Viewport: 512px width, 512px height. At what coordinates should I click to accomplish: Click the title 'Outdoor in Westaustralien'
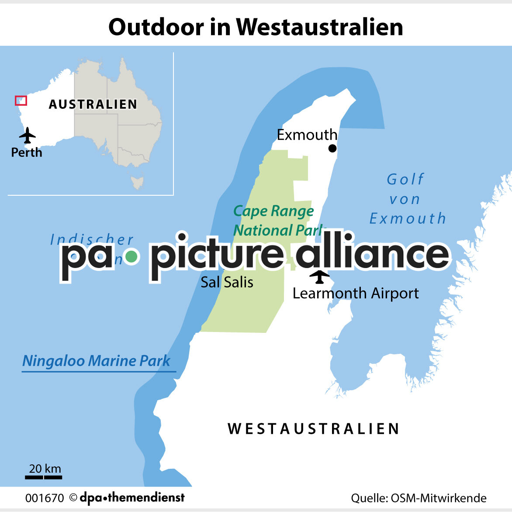(256, 27)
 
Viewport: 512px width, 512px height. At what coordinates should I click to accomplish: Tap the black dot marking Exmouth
(332, 148)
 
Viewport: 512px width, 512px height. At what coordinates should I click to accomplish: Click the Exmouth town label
(307, 135)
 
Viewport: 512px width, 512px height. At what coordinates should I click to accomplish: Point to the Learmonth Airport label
(355, 293)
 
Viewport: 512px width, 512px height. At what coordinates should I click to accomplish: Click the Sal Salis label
(227, 282)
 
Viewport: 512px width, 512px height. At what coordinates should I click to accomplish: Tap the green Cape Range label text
(273, 211)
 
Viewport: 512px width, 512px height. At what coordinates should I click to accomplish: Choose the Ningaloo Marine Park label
(96, 361)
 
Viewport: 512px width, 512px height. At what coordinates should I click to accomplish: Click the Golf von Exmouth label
(406, 199)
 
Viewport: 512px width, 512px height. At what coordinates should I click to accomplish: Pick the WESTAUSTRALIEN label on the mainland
(313, 429)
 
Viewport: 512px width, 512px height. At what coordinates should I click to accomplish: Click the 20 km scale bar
(43, 477)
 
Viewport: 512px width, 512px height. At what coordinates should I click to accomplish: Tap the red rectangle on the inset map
(21, 100)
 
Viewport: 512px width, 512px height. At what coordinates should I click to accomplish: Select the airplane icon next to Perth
(28, 135)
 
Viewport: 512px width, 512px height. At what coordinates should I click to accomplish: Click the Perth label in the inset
(27, 152)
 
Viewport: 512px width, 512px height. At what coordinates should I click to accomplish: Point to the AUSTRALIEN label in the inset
(93, 104)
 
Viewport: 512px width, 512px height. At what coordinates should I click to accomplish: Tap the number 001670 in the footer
(45, 498)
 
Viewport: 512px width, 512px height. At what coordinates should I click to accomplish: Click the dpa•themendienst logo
(132, 497)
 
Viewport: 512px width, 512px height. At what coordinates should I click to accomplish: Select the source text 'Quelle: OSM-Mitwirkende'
(419, 498)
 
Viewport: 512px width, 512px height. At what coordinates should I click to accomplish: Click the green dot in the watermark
(131, 256)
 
